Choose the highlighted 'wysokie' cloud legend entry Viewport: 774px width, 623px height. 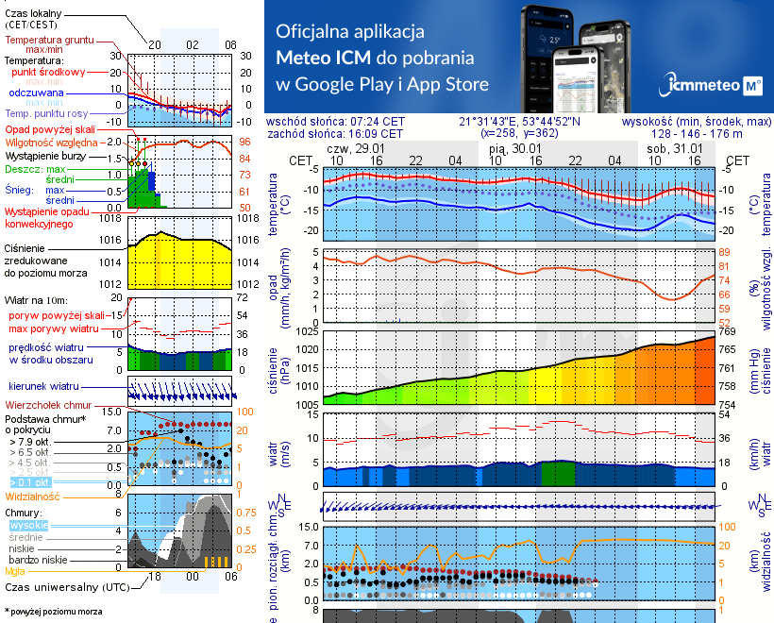28,525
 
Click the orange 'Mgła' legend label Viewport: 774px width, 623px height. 15,571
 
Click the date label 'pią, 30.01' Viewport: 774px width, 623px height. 516,148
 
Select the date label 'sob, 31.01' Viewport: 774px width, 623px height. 680,148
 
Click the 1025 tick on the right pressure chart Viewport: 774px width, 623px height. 308,331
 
